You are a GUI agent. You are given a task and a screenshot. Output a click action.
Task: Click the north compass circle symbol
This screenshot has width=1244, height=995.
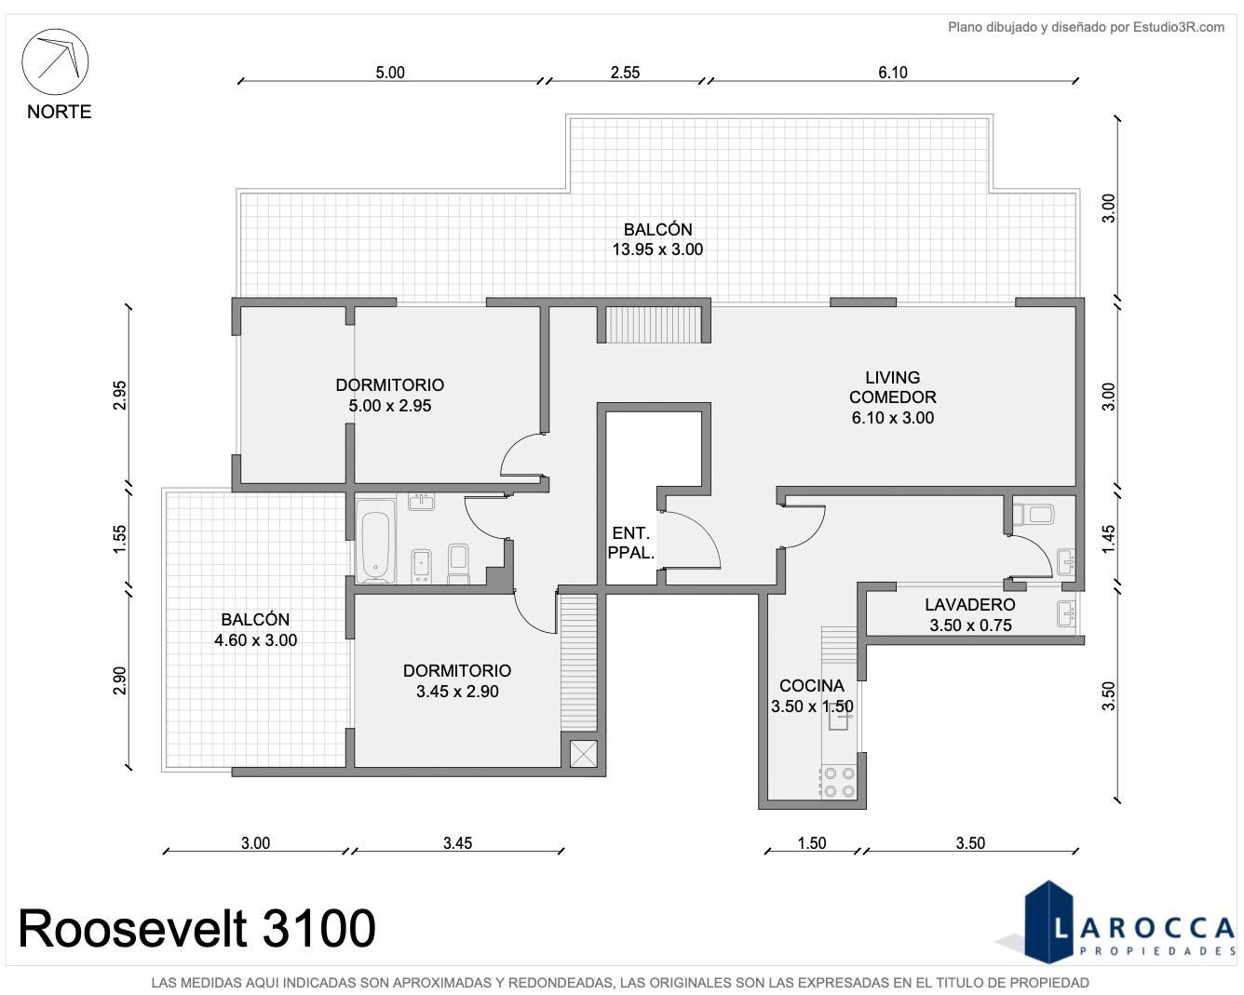click(x=55, y=61)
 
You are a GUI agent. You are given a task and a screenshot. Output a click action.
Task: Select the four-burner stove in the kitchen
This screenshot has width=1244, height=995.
click(x=839, y=782)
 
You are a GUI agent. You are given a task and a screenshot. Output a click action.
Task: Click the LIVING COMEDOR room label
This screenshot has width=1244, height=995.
click(x=893, y=387)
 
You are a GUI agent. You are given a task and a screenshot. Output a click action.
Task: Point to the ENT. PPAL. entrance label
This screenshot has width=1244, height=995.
click(x=630, y=543)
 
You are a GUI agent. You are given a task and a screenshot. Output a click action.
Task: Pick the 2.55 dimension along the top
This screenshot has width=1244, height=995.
click(x=625, y=73)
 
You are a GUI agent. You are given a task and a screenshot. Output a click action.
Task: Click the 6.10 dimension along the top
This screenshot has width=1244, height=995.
click(x=893, y=73)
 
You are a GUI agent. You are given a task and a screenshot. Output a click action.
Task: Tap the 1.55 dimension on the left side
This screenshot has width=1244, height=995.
click(x=119, y=539)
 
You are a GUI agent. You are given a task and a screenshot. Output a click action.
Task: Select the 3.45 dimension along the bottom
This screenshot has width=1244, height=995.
click(x=457, y=843)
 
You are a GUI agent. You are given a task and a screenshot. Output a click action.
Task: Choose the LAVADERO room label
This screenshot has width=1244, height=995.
click(x=970, y=604)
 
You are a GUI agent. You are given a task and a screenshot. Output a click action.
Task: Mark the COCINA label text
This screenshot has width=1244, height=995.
click(x=812, y=685)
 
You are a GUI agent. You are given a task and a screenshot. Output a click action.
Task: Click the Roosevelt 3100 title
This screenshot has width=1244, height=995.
click(x=196, y=929)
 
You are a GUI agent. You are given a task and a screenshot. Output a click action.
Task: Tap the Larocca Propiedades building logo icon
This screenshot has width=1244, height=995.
click(x=1048, y=922)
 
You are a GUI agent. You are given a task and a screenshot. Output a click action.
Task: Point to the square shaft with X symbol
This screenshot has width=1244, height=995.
click(x=583, y=754)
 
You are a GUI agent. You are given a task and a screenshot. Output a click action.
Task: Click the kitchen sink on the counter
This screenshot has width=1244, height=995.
click(x=839, y=720)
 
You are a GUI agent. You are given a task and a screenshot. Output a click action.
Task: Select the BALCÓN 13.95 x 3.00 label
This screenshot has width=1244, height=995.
click(x=657, y=239)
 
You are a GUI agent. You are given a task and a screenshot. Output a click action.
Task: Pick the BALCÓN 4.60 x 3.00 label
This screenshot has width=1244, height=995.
click(x=255, y=630)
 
